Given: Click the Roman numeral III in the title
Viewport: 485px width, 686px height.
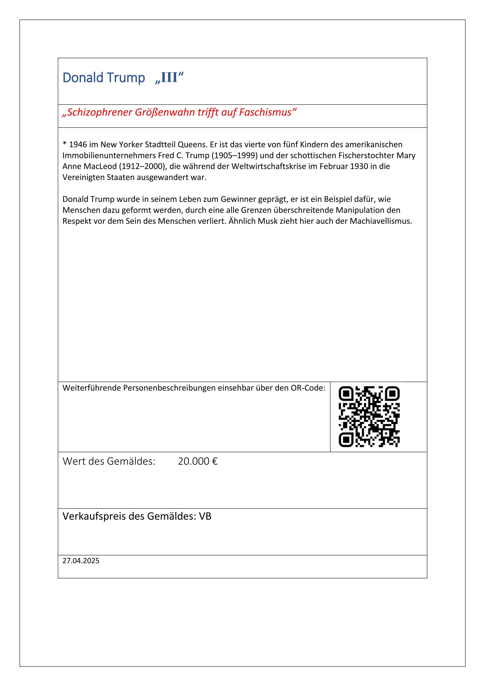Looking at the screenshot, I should [x=169, y=78].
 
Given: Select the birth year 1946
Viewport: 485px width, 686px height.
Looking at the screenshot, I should [x=78, y=145].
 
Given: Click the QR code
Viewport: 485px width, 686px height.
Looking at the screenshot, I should [x=369, y=417].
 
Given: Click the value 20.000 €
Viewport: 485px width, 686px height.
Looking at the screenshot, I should [x=198, y=461].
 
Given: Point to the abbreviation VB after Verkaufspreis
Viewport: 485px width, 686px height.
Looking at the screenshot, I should [x=205, y=516].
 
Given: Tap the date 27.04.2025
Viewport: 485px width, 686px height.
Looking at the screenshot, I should [x=81, y=561].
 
